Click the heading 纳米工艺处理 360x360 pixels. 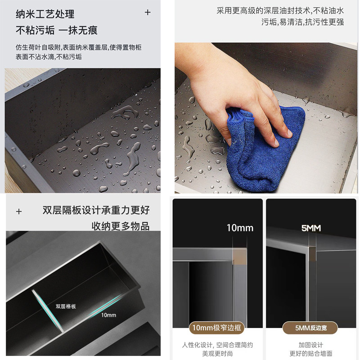[x=45, y=15]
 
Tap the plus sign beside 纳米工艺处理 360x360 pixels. [x=148, y=13]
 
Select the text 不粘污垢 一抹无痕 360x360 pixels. [x=57, y=31]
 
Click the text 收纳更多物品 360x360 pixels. [x=120, y=226]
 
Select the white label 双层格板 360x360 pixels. [x=66, y=306]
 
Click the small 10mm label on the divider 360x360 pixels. [x=108, y=315]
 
